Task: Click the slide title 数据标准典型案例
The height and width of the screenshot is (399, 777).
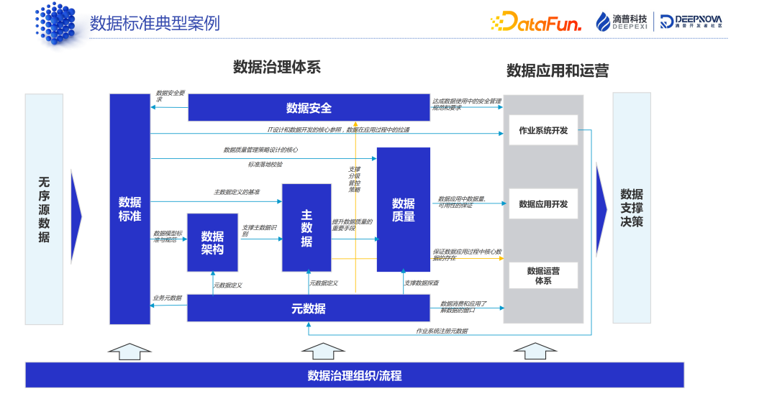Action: (x=155, y=23)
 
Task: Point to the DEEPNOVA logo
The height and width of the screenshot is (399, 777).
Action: (x=691, y=22)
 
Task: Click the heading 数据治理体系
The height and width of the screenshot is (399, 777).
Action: (x=277, y=68)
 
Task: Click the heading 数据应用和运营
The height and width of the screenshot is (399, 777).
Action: (x=558, y=70)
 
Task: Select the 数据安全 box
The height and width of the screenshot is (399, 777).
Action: (x=309, y=108)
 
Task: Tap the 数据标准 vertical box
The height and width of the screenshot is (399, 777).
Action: (x=130, y=208)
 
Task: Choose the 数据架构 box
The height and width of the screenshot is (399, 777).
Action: (x=212, y=242)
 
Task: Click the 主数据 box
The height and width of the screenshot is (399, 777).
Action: (x=306, y=228)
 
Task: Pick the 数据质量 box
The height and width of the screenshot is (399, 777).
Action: (x=403, y=209)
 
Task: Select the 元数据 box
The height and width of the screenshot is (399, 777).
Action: (x=309, y=308)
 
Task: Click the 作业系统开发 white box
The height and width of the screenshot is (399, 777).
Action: (x=543, y=130)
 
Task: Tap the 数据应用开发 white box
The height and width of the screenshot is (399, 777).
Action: (x=543, y=204)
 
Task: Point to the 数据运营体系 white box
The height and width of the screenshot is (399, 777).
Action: (x=543, y=275)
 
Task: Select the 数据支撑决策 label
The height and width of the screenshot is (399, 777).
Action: (x=632, y=208)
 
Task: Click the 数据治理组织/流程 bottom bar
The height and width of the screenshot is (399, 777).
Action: (x=355, y=375)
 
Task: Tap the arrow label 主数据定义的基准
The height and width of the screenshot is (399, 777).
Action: (x=237, y=192)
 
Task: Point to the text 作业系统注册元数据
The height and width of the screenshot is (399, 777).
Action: (x=442, y=331)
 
